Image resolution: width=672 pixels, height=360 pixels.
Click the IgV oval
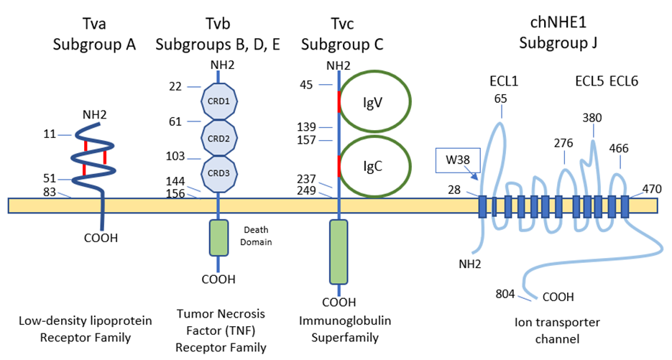(374, 101)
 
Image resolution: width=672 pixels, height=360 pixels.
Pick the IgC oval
(374, 165)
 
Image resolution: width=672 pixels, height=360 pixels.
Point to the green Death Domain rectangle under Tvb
(218, 238)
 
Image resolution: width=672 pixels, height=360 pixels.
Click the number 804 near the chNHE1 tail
(506, 293)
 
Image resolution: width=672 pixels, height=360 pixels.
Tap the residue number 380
(593, 118)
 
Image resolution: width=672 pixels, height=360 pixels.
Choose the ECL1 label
(504, 80)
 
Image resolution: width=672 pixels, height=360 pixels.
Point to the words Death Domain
(255, 236)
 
